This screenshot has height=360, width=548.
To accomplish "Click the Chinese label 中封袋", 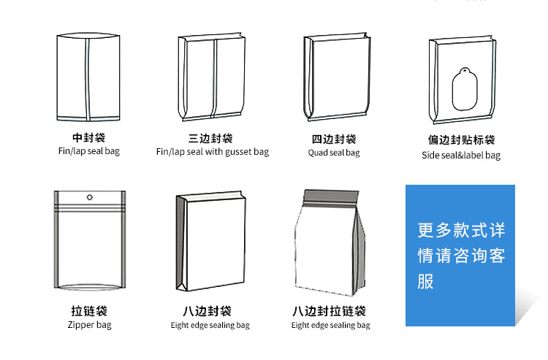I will click(x=88, y=137).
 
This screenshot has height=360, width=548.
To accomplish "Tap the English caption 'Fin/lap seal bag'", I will click(x=88, y=151).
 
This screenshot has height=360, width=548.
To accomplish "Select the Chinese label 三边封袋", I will click(x=211, y=138).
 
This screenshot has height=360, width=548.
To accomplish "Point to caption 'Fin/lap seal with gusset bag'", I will click(x=212, y=152).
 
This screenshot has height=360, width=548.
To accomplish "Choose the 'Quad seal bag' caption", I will click(x=334, y=153).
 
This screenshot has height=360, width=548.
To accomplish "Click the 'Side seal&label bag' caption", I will click(x=461, y=155).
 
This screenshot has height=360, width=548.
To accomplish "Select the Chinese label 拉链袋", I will click(x=89, y=311).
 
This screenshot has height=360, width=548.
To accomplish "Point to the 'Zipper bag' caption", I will click(x=89, y=325).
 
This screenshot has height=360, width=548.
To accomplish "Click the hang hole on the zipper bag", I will click(x=90, y=197).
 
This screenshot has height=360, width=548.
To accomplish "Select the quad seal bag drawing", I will click(x=335, y=77).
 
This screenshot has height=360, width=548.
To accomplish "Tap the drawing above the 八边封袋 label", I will click(x=210, y=245).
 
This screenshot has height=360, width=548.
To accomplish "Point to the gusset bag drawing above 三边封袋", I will click(x=212, y=77).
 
